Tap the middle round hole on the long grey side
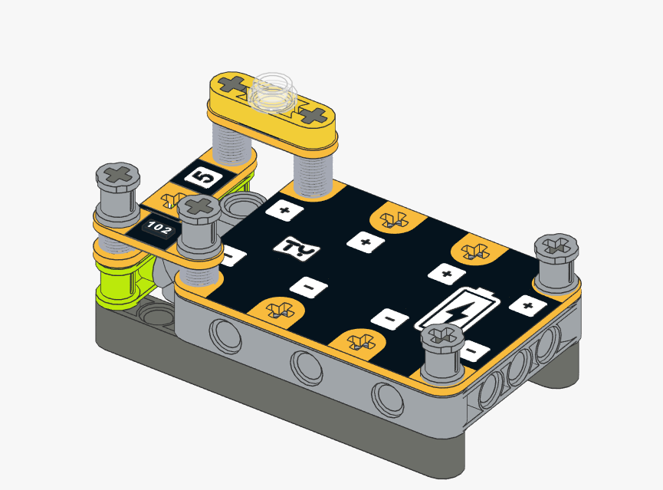click(x=307, y=367)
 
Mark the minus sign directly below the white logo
click(x=309, y=288)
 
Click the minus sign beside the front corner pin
click(x=473, y=350)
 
